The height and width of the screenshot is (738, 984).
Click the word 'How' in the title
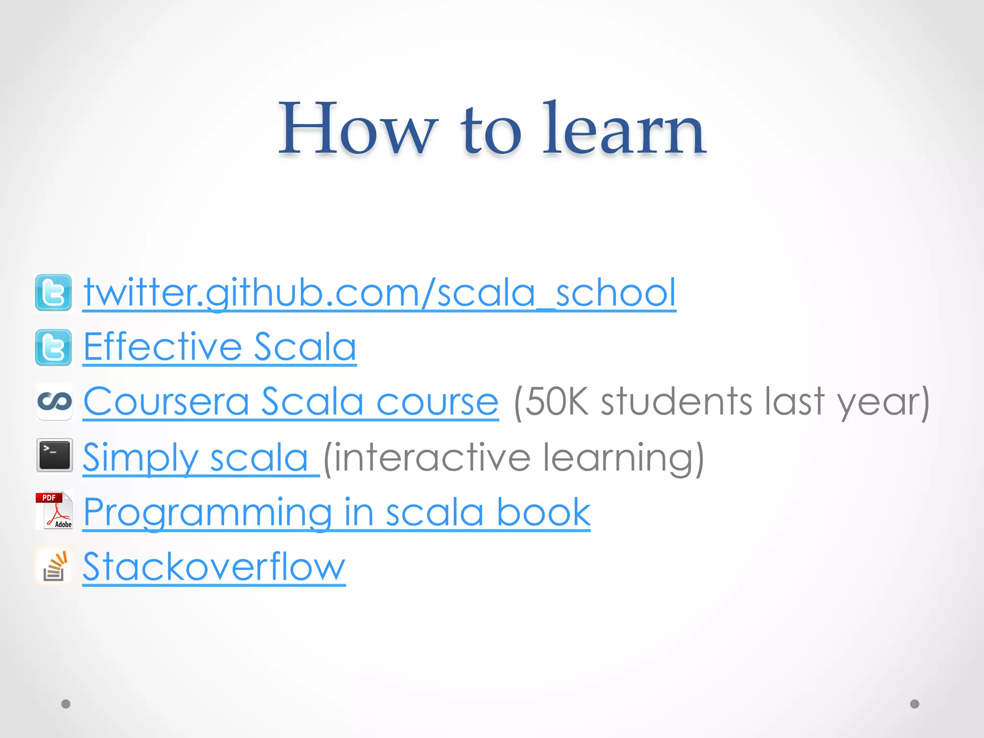click(358, 129)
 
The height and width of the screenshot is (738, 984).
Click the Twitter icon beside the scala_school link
click(53, 293)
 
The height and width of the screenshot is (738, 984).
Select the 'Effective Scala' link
click(220, 346)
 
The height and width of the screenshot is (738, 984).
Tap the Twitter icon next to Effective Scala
click(53, 347)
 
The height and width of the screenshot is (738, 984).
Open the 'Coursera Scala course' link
click(291, 402)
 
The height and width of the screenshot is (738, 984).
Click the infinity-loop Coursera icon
click(54, 402)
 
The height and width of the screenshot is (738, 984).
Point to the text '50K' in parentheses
click(553, 402)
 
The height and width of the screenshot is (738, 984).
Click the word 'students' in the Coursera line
click(676, 402)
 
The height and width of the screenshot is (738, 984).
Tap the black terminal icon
click(54, 455)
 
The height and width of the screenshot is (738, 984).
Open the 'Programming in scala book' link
click(336, 513)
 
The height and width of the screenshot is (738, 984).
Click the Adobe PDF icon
click(54, 510)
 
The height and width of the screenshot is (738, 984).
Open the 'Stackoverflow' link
click(214, 567)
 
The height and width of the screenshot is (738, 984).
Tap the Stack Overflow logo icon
click(54, 566)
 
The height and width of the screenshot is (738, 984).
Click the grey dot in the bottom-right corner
click(915, 704)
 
